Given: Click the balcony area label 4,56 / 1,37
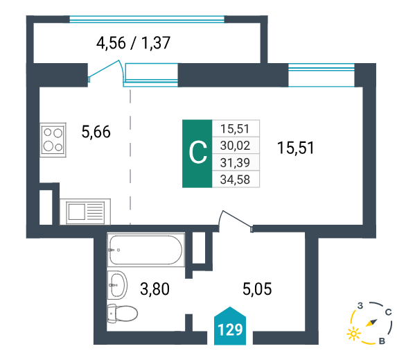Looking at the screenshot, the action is click(x=133, y=43).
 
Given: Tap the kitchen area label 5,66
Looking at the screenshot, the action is click(x=96, y=132).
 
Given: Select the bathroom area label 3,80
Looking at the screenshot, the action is click(x=155, y=289).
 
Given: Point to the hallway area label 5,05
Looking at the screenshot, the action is click(x=257, y=289).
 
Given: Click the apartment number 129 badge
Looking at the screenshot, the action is click(x=230, y=327).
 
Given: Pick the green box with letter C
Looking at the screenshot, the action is click(x=197, y=153).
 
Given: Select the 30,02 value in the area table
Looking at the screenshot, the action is click(x=235, y=146).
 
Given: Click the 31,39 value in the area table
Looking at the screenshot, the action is click(x=235, y=162).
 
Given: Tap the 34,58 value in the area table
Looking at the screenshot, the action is click(x=235, y=180).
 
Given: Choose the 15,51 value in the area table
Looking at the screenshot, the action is click(x=235, y=129).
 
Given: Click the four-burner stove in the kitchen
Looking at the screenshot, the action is click(x=53, y=139).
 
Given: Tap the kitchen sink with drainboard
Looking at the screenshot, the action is click(x=85, y=212).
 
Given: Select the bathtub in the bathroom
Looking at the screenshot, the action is click(x=145, y=250).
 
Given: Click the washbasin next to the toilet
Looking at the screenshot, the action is click(x=117, y=285).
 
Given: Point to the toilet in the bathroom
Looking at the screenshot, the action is click(x=122, y=314).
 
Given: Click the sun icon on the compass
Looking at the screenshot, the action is click(x=354, y=334).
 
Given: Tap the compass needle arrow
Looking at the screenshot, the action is click(x=371, y=323).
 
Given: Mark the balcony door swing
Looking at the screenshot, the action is click(x=105, y=71).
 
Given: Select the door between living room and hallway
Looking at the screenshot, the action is click(x=236, y=221).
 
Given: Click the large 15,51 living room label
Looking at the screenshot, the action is click(x=295, y=148).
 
